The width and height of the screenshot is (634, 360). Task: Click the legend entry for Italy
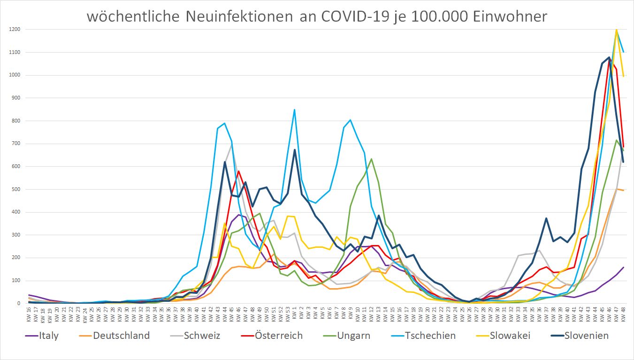coord(49,336)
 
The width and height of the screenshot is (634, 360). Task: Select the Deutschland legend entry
coord(121,336)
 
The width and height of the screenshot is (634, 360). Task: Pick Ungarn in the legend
coord(353,336)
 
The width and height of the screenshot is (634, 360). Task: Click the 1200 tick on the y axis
coord(14,30)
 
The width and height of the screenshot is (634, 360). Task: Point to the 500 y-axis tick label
coord(15,189)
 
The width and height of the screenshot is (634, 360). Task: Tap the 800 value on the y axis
coord(15,121)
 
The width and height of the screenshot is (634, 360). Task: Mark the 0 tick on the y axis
coord(19,304)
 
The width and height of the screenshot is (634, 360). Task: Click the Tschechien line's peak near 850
coord(294,110)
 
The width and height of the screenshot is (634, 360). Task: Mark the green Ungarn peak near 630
coord(371,159)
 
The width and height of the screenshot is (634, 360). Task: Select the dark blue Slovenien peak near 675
coord(294,150)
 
